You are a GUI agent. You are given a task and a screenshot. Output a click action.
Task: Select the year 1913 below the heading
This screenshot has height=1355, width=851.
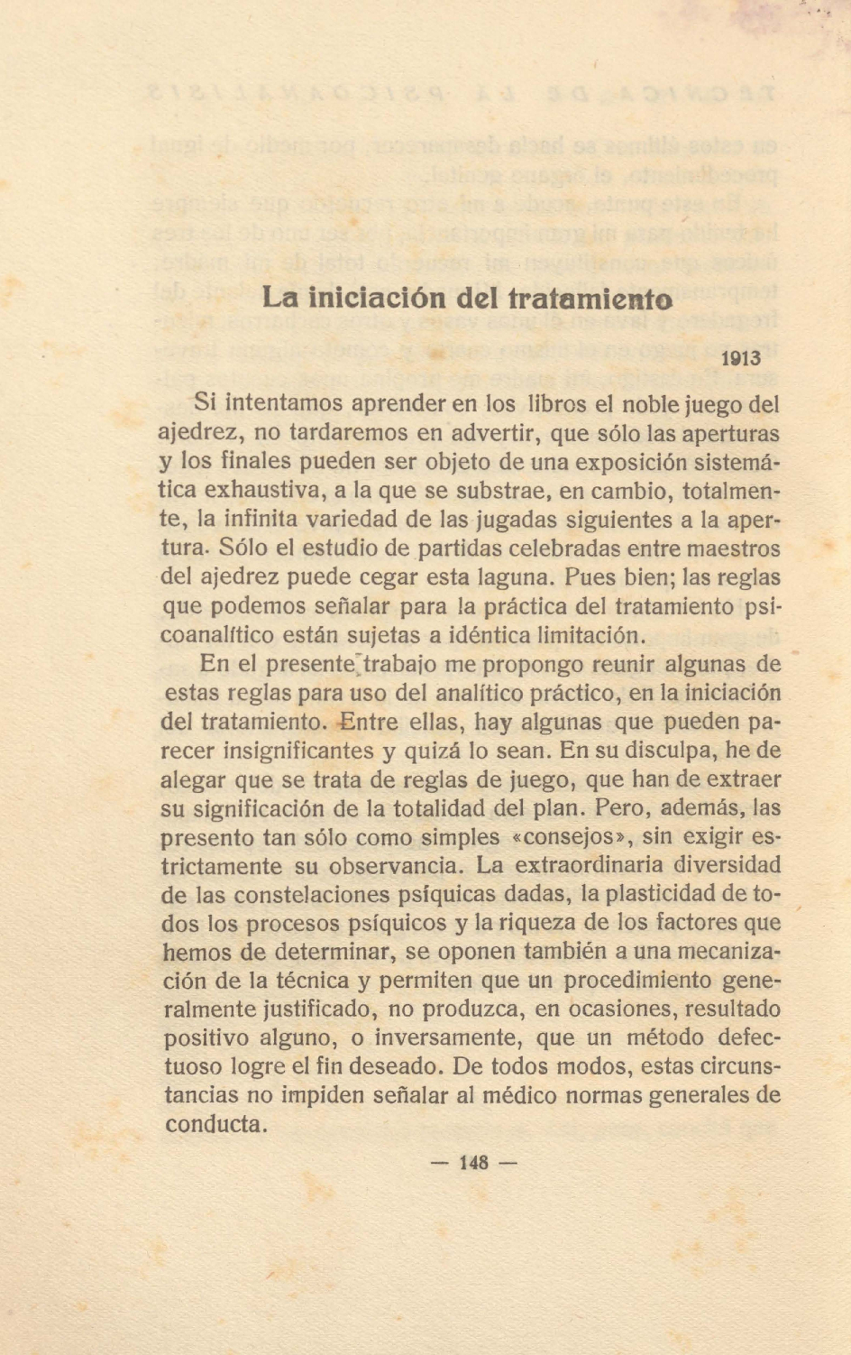(x=742, y=357)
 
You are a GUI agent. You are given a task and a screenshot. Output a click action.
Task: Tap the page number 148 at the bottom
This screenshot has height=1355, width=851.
(x=473, y=1162)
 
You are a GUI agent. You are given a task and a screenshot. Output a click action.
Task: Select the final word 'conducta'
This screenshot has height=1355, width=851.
(x=216, y=1125)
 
